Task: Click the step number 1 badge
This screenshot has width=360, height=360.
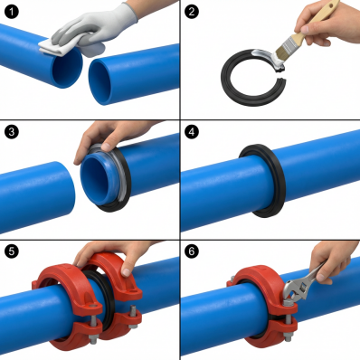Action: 12,12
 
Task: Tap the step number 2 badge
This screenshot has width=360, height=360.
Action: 191,12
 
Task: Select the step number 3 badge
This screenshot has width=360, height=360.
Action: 12,131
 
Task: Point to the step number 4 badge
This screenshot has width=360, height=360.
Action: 191,131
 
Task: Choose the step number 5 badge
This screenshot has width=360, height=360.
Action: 12,251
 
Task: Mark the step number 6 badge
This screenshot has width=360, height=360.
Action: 191,251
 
